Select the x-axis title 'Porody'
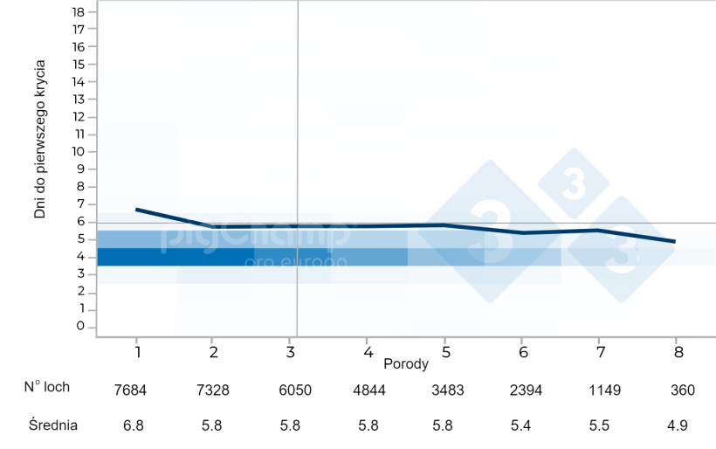[x=405, y=362]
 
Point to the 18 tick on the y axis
[x=79, y=11]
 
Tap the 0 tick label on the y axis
[x=79, y=327]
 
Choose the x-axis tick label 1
[x=137, y=350]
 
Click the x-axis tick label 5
[x=445, y=350]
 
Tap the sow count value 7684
[x=131, y=390]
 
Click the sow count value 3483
[x=439, y=390]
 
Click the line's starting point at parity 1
[x=137, y=210]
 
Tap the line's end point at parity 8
[x=675, y=241]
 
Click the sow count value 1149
[x=600, y=390]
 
